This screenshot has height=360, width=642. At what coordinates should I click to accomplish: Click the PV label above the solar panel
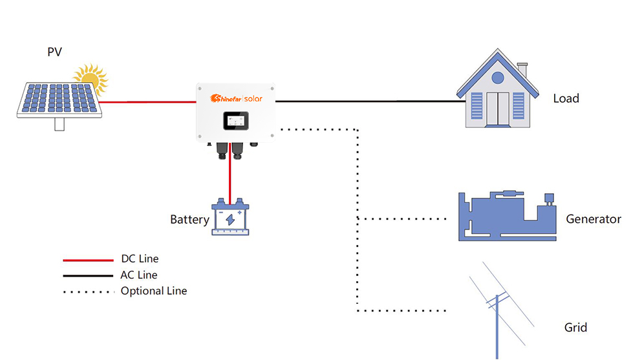pos(54,52)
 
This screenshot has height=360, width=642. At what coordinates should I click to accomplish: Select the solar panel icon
pos(58,100)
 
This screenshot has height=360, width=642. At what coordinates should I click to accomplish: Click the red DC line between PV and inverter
pos(149,101)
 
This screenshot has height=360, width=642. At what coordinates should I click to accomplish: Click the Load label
pos(566,99)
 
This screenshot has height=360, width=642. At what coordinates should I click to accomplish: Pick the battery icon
pos(230,218)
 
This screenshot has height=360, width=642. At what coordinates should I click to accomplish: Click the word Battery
pos(189,220)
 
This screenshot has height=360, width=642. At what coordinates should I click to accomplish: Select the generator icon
pos(507,217)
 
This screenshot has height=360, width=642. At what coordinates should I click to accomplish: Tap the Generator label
pos(593,219)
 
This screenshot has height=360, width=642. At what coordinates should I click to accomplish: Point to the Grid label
pos(575,328)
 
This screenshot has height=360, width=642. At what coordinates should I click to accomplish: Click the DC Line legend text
pos(139,259)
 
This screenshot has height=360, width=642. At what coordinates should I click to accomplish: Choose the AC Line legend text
pos(139,275)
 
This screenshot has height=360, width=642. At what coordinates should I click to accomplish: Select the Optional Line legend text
pos(154,291)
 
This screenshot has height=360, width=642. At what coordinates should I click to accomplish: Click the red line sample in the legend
pos(88,260)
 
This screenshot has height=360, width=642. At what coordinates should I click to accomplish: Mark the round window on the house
pos(497,78)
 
